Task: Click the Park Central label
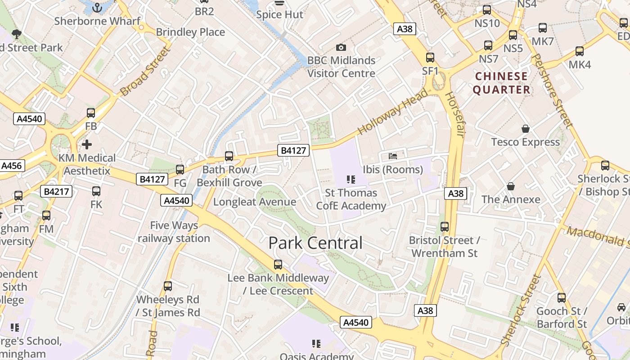(315, 243)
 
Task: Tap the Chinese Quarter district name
(501, 83)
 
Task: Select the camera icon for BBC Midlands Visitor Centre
(341, 48)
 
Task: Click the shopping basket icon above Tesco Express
(525, 129)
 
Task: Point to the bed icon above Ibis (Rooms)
(393, 156)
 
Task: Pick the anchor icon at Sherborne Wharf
(97, 8)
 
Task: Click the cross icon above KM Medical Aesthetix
(87, 144)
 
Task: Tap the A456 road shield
(11, 166)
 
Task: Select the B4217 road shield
(56, 192)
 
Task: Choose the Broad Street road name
(146, 72)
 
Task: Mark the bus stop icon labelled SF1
(430, 58)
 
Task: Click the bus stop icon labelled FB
(91, 113)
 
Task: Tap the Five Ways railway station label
(174, 232)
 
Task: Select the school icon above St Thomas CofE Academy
(351, 180)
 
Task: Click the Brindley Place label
(190, 32)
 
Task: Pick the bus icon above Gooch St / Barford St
(562, 297)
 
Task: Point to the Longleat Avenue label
(255, 202)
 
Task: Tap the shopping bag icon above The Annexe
(511, 186)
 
